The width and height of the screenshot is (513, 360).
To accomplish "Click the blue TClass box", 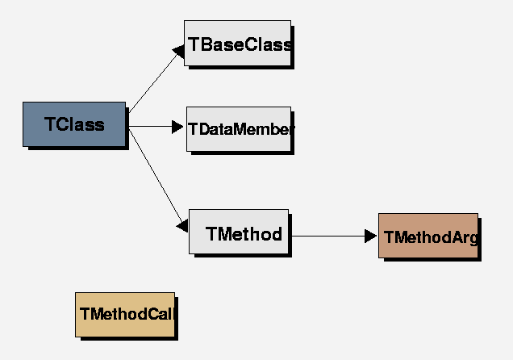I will (74, 123).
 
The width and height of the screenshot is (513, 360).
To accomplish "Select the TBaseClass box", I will (237, 43).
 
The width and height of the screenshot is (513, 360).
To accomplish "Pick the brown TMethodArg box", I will (427, 235).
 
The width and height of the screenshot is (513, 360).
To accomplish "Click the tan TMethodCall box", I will (124, 314).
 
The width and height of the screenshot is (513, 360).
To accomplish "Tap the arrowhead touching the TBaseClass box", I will (178, 51).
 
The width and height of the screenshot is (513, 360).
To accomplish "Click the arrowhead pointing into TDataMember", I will (179, 127).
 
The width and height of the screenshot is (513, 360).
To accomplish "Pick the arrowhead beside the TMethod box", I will (182, 227).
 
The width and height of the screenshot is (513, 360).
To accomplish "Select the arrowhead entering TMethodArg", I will (371, 236).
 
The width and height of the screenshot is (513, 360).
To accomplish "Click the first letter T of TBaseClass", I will (194, 44).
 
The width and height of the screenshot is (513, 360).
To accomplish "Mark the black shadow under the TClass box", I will (77, 149).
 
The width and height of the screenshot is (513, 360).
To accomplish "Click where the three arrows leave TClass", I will (128, 126).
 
